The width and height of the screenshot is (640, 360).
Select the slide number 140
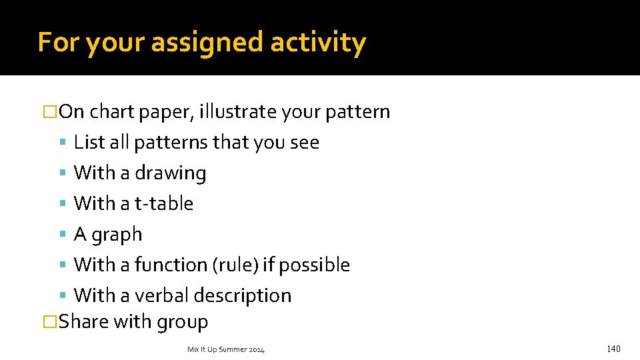point(613,349)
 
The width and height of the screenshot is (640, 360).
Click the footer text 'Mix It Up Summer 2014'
point(226,349)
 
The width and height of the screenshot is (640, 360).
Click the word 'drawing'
point(170,173)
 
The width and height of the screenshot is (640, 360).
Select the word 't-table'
point(163,203)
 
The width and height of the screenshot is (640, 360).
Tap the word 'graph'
point(117,235)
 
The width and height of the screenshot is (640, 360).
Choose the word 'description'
point(244,295)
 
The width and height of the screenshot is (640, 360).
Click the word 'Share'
point(84,322)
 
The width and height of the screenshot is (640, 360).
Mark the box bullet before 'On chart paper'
point(48,112)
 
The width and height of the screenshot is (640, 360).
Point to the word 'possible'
point(314,265)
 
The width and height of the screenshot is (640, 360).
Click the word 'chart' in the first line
point(112,112)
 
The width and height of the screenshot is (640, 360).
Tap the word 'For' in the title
point(59,43)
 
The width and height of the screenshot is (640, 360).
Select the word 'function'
point(171,265)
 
